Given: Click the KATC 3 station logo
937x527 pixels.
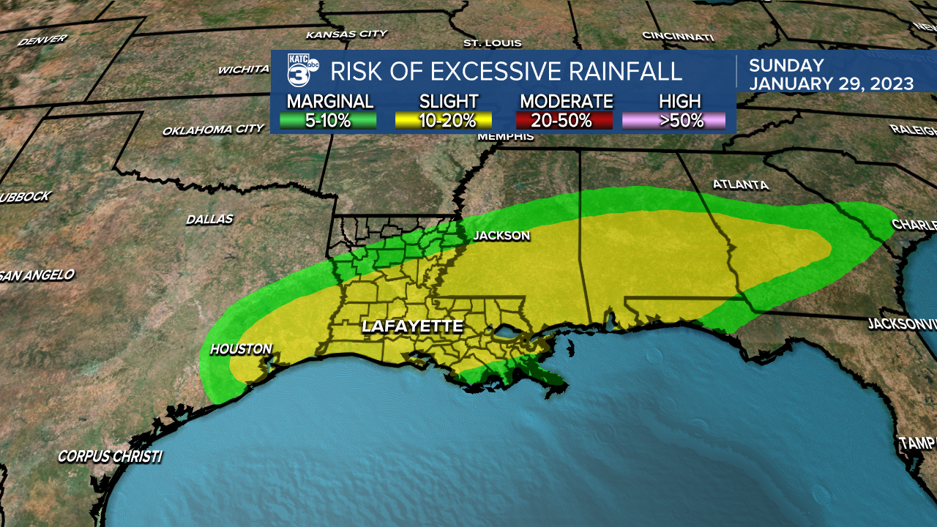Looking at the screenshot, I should pos(301,70).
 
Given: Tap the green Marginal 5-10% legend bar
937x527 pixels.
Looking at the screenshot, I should pos(329,120).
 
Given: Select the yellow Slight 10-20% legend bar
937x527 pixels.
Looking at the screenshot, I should pos(444,120).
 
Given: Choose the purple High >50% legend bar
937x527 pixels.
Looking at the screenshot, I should pos(674,120).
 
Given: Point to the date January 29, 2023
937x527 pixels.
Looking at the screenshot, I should pos(830,83).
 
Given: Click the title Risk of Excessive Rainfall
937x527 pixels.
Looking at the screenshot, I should pos(506,72).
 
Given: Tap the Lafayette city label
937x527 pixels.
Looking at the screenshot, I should pos(412,326).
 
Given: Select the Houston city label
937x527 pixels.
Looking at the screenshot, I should pos(241,349).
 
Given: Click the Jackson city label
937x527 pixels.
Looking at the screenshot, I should pos(501,236).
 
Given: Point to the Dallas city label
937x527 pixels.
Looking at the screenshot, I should pos(209,219).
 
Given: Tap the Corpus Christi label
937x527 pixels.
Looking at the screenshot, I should pos(110,457).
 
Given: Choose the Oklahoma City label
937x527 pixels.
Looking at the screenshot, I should pos(213,130).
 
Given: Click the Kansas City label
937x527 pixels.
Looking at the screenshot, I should pos(346,34).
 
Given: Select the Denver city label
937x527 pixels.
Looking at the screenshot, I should pos(42,40).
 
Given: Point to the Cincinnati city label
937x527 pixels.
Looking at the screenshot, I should pos(677,36).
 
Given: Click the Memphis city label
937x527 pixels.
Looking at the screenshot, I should pos(505,137).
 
